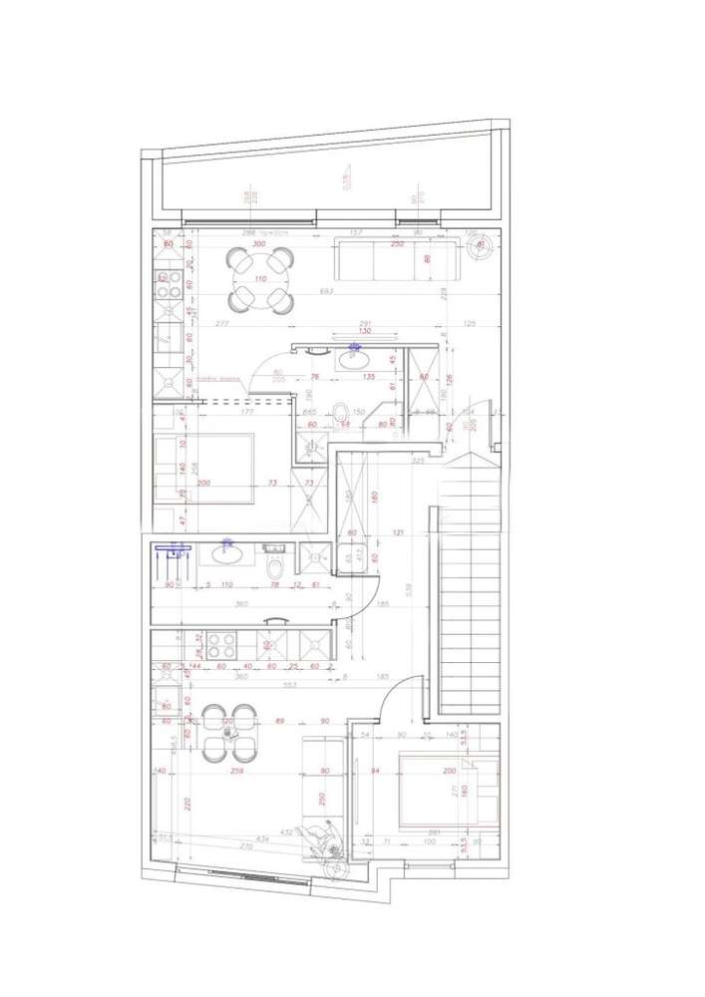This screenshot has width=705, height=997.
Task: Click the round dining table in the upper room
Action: click(259, 280)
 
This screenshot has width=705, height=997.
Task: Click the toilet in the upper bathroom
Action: click(343, 411)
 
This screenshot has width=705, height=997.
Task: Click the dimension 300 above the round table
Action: click(259, 244)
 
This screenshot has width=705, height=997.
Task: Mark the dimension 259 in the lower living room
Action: click(237, 771)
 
